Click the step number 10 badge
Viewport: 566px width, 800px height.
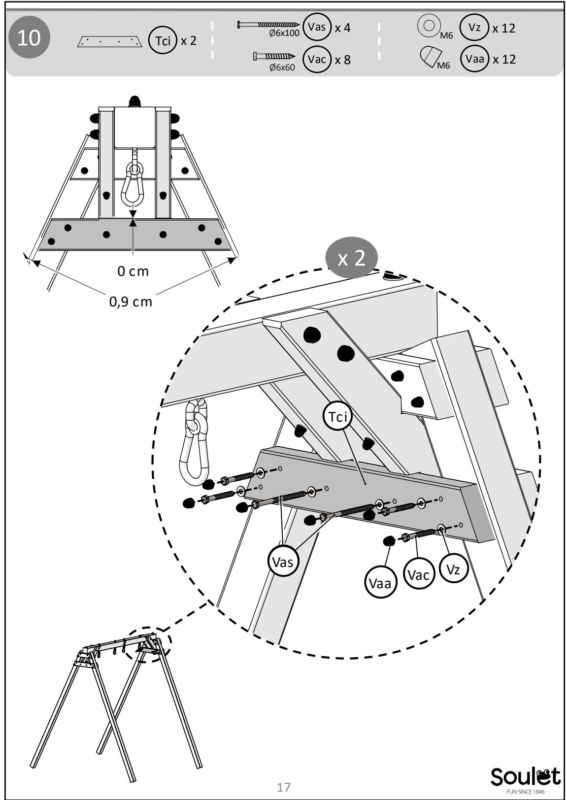pyautogui.click(x=29, y=37)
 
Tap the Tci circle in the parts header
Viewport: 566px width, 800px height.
pyautogui.click(x=163, y=40)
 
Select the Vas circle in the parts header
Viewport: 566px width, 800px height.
pyautogui.click(x=317, y=27)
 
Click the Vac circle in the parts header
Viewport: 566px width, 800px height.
pyautogui.click(x=317, y=59)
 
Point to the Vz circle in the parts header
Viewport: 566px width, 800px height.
pyautogui.click(x=474, y=27)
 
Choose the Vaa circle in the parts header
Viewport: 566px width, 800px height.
pyautogui.click(x=474, y=59)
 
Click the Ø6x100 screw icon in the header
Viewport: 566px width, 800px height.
pyautogui.click(x=268, y=24)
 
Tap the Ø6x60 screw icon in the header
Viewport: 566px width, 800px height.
pyautogui.click(x=274, y=56)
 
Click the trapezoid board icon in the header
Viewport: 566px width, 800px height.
pyautogui.click(x=110, y=41)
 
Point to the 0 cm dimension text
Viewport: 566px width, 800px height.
pyautogui.click(x=133, y=271)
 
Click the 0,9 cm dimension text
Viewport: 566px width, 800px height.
pyautogui.click(x=131, y=302)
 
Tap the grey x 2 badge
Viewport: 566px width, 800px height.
pyautogui.click(x=351, y=258)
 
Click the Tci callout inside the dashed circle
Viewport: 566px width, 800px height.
pyautogui.click(x=337, y=416)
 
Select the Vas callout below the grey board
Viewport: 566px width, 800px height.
pyautogui.click(x=283, y=563)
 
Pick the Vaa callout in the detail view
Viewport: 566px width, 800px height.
pyautogui.click(x=380, y=584)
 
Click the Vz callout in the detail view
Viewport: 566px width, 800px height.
pyautogui.click(x=453, y=569)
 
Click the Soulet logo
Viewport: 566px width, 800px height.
pyautogui.click(x=525, y=780)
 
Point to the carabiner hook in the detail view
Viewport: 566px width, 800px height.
pyautogui.click(x=195, y=443)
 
